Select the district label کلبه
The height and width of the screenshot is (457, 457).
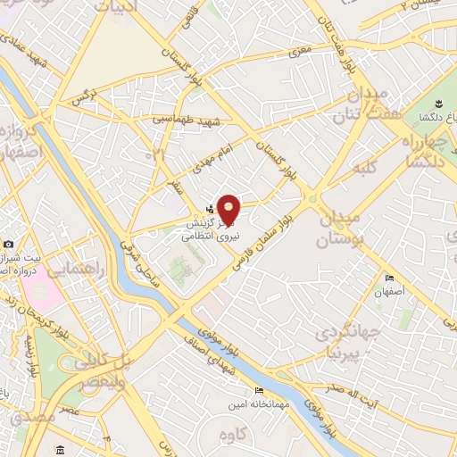366,167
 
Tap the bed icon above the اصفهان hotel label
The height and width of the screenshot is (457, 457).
388,277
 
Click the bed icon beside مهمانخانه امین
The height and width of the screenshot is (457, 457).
259,390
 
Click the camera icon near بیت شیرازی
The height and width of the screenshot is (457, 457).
8,245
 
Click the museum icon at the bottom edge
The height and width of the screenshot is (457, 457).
59,449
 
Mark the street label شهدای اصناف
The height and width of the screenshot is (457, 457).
211,357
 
